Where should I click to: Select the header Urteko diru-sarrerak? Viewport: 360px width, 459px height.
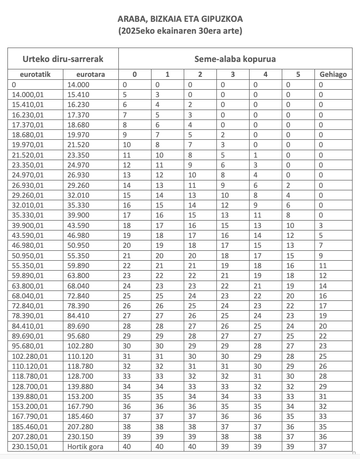pos(63,59)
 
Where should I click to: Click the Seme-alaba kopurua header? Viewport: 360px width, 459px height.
pos(235,59)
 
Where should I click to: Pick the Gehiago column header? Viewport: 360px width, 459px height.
pos(333,75)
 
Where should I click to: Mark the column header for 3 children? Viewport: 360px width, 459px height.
pos(233,75)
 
